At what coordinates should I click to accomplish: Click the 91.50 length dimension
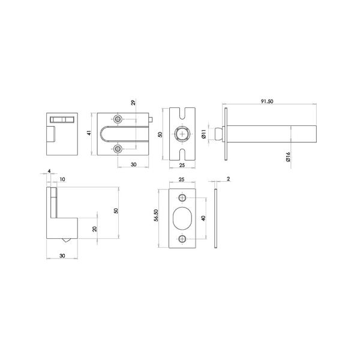point(268,102)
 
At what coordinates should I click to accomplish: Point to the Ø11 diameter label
point(204,134)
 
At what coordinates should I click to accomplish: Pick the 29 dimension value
point(133,103)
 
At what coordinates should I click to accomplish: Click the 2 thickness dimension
point(229,179)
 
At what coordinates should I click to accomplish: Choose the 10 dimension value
point(62,179)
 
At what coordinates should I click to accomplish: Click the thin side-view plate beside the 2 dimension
point(216,219)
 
